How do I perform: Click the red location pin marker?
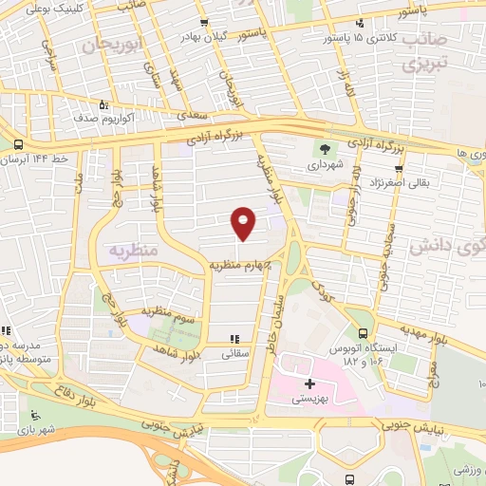point(245,223)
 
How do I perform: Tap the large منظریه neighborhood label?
point(122,252)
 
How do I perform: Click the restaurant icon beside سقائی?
point(233,338)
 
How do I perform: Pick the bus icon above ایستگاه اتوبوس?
point(364,333)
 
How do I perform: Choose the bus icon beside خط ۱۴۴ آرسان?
point(19,144)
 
